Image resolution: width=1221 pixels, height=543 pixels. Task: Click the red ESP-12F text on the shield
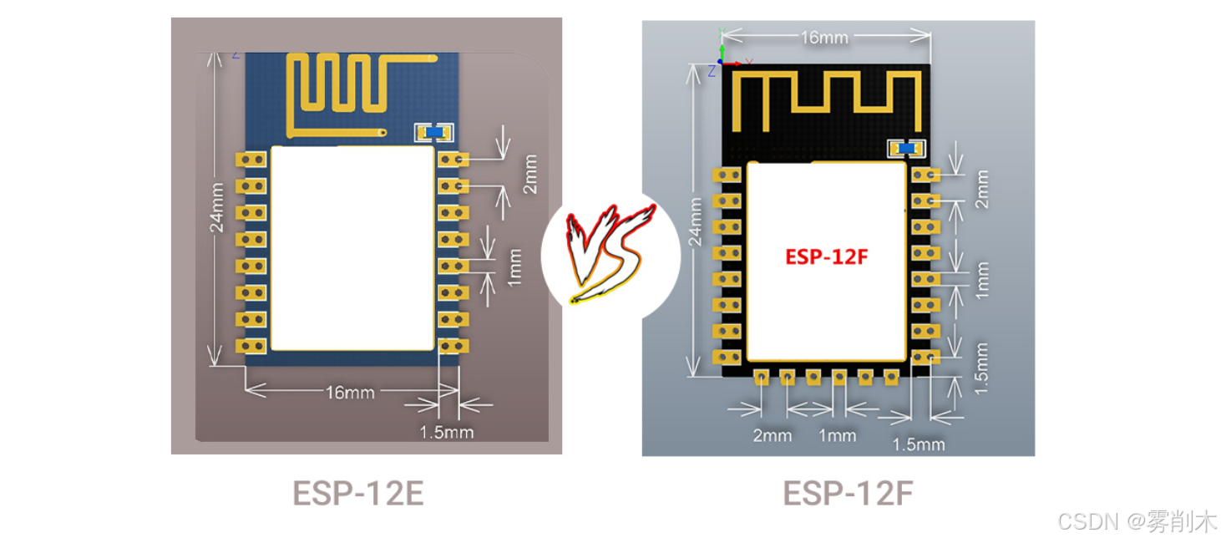[826, 256]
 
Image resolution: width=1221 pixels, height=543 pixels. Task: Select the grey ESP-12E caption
[357, 493]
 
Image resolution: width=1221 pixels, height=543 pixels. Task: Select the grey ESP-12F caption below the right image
[848, 493]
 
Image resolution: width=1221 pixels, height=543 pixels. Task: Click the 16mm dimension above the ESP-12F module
[824, 38]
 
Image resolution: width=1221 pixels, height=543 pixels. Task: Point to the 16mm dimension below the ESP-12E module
[349, 392]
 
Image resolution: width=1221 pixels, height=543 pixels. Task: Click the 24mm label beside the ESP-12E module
[216, 209]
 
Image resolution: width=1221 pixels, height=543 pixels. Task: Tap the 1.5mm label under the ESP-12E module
[446, 432]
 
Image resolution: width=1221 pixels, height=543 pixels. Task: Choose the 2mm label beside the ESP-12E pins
[530, 174]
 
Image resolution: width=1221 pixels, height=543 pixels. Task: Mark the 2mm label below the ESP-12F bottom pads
[772, 435]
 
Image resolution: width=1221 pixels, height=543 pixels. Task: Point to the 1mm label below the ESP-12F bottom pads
[837, 435]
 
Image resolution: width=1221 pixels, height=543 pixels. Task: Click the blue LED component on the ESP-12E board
[433, 132]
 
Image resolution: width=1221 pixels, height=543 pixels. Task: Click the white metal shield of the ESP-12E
[352, 248]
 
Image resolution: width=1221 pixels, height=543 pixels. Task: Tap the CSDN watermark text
[1137, 521]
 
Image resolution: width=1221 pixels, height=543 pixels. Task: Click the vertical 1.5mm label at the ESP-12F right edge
[981, 368]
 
